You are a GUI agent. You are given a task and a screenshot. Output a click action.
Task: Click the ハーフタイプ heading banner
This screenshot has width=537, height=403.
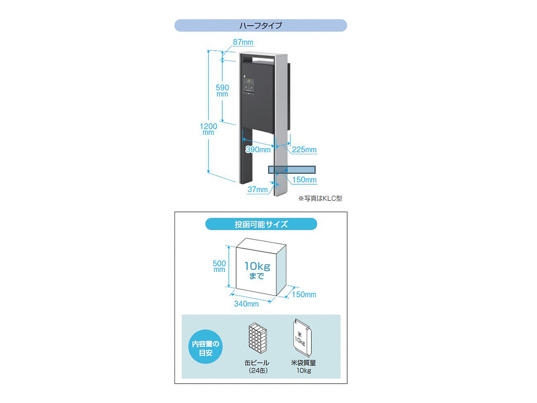pyautogui.click(x=260, y=26)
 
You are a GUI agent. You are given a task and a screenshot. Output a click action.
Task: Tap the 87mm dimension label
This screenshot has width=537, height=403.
pyautogui.click(x=243, y=42)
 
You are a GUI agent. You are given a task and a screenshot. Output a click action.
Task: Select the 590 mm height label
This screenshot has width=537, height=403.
pyautogui.click(x=222, y=90)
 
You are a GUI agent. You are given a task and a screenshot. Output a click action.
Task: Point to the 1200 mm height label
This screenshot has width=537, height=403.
pyautogui.click(x=209, y=129)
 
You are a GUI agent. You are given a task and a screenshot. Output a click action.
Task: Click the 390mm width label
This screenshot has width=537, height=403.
pyautogui.click(x=258, y=150)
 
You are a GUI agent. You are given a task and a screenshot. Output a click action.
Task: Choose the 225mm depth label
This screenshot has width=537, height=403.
pyautogui.click(x=304, y=150)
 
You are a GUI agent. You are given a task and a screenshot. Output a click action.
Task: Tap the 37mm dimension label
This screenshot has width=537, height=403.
pyautogui.click(x=258, y=189)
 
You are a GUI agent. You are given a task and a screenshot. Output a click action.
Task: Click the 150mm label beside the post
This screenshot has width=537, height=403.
pyautogui.click(x=304, y=180)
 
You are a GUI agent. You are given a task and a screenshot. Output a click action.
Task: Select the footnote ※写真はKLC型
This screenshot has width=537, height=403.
pyautogui.click(x=320, y=198)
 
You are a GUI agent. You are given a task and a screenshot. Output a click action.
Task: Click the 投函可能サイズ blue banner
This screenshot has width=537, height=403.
pyautogui.click(x=261, y=224)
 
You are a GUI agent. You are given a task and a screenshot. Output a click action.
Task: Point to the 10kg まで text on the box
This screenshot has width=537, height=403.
pyautogui.click(x=257, y=270)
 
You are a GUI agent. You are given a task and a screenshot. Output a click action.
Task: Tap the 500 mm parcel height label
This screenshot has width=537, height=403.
pyautogui.click(x=219, y=266)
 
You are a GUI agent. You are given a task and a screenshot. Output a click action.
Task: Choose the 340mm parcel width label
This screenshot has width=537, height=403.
pyautogui.click(x=247, y=304)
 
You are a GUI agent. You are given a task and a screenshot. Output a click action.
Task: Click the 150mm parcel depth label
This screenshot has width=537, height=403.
pyautogui.click(x=304, y=294)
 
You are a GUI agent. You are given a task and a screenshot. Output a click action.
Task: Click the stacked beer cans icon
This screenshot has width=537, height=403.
pyautogui.click(x=258, y=338)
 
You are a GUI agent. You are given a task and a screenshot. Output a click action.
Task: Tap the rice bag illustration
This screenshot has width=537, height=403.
pyautogui.click(x=303, y=338)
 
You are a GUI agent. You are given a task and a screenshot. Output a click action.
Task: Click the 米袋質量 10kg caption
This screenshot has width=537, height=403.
pyautogui.click(x=303, y=367)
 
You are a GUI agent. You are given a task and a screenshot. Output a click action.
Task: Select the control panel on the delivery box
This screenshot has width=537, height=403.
pyautogui.click(x=248, y=86)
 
